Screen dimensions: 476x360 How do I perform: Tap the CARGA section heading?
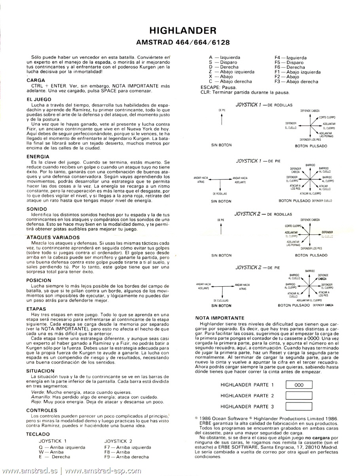click(x=36, y=80)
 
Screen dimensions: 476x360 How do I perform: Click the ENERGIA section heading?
click(x=38, y=157)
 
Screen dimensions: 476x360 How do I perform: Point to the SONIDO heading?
click(x=37, y=209)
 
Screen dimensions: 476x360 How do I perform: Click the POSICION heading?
click(x=39, y=280)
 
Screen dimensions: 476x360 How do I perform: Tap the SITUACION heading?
click(x=40, y=371)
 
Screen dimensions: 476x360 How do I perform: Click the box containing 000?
click(x=299, y=385)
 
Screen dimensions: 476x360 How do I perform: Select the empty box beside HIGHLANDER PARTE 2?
click(x=299, y=396)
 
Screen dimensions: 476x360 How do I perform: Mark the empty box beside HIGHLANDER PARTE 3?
click(x=299, y=406)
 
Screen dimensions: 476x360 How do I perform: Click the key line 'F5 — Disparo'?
click(x=289, y=62)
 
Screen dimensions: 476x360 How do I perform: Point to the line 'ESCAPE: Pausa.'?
click(x=219, y=87)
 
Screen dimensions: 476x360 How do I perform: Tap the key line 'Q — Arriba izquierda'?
click(x=62, y=447)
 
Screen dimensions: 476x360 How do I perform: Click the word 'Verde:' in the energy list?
click(x=38, y=392)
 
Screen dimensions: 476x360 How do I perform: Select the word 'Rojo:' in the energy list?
click(x=37, y=402)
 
